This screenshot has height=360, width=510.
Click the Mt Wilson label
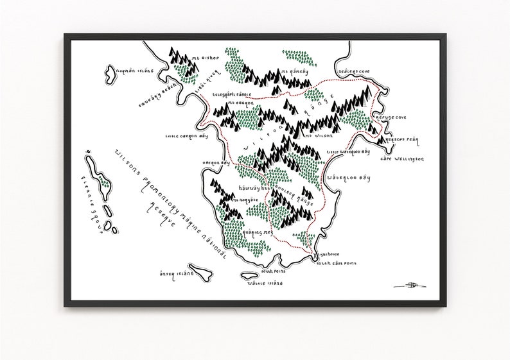[x=317, y=136]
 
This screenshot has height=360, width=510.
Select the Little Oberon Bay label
[x=184, y=136]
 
